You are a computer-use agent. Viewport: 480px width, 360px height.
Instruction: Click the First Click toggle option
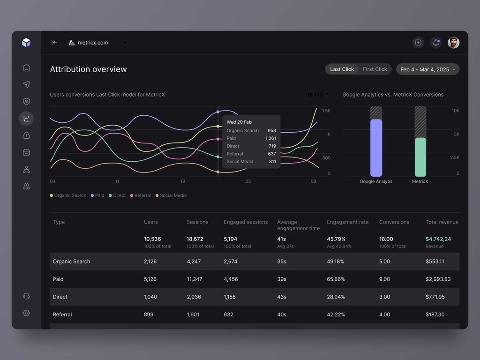tap(375, 69)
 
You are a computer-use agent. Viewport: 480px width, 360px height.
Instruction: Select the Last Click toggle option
tap(342, 69)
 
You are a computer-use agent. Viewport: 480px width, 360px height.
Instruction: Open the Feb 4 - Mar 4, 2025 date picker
tap(427, 69)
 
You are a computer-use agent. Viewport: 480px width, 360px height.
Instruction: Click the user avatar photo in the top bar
tap(453, 43)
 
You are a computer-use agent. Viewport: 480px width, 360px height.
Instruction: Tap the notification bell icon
tap(436, 43)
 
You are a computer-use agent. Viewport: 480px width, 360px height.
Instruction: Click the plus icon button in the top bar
tap(418, 43)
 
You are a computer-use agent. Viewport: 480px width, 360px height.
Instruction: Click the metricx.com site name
tap(93, 43)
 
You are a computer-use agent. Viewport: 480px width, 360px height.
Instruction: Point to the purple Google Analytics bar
tap(376, 148)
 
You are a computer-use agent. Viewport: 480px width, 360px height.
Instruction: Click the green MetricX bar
tap(420, 157)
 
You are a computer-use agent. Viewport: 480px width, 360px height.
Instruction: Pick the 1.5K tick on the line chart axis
tap(326, 111)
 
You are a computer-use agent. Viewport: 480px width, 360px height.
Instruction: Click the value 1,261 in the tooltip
tap(270, 138)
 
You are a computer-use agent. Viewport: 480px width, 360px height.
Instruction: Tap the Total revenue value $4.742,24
tap(438, 239)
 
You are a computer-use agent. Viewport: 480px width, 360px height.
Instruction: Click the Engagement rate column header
tap(347, 222)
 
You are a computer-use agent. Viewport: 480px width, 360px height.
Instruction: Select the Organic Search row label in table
tap(71, 262)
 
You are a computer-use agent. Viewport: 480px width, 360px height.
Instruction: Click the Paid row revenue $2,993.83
tap(438, 279)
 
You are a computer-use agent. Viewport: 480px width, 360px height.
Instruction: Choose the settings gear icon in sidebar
tap(26, 313)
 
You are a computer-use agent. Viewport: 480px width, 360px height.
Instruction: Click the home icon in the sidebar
tap(26, 68)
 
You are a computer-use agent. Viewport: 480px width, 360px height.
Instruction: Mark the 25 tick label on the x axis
tap(248, 181)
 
